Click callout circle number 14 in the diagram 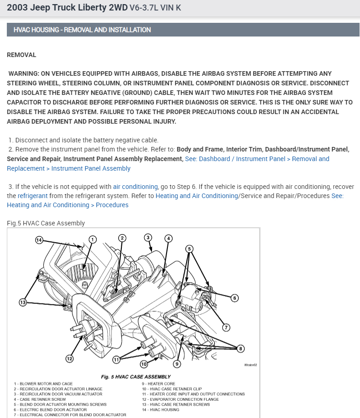[x=39, y=240]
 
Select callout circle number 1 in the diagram [x=93, y=240]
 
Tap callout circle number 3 [x=148, y=237]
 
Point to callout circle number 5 [x=189, y=249]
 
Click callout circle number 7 [x=225, y=327]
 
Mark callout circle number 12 [x=69, y=359]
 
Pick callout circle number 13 [x=23, y=302]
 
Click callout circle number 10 [x=144, y=364]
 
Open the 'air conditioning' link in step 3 [x=136, y=187]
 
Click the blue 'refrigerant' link [x=33, y=196]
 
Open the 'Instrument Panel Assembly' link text [x=91, y=168]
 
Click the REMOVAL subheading [x=21, y=55]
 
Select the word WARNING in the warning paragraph [x=25, y=73]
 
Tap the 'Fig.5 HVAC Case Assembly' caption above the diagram [x=46, y=223]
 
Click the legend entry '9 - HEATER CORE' [x=158, y=384]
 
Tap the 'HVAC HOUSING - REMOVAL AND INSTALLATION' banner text [x=82, y=30]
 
